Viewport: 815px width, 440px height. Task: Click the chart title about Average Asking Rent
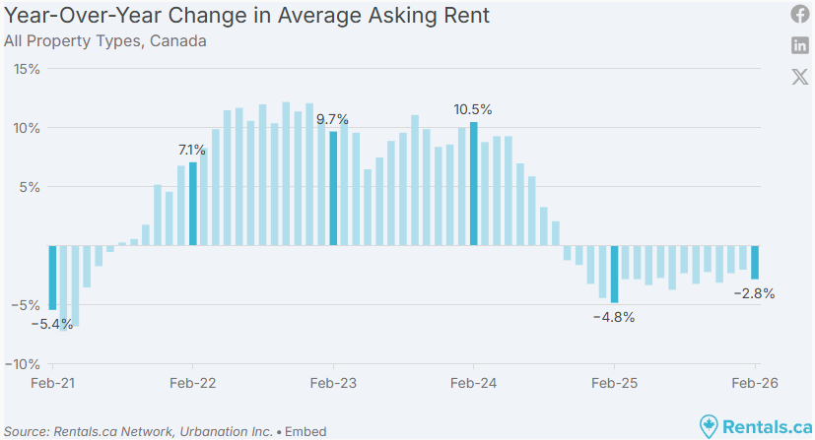pos(246,17)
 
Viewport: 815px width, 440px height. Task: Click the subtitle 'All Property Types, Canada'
pos(105,41)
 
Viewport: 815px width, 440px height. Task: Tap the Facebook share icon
pos(800,14)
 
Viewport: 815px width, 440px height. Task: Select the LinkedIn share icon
pos(800,45)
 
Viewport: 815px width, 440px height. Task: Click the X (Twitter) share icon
pos(800,77)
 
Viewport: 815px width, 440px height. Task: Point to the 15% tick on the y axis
pos(27,69)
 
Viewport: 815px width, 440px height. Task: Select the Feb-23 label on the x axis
pos(333,383)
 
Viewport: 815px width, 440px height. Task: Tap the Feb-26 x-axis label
pos(755,383)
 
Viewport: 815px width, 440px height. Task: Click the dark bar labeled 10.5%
pos(474,183)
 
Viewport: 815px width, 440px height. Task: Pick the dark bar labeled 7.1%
pos(193,204)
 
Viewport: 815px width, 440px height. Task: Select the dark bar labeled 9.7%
pos(333,188)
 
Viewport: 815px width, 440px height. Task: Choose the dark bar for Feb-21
pos(52,278)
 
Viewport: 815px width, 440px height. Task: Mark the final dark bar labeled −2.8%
pos(755,262)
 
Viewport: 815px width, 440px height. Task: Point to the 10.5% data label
pos(472,109)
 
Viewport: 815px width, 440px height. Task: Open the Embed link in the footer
pos(307,431)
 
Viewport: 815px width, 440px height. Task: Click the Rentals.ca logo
pos(755,425)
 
